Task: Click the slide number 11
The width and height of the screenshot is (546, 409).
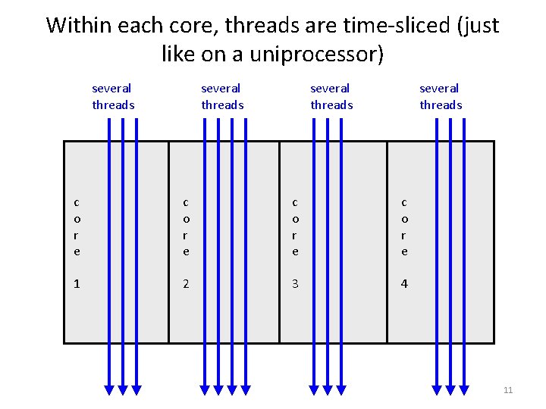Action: [508, 390]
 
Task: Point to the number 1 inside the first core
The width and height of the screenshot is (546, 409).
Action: [77, 284]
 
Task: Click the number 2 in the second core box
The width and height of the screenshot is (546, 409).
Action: [186, 284]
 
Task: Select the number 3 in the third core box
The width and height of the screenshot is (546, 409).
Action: [295, 284]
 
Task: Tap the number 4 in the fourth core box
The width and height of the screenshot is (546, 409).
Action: [404, 284]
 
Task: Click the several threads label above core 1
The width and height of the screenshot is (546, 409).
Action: [113, 97]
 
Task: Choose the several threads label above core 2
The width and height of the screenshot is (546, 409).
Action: [222, 97]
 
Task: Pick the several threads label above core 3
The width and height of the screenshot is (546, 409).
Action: [331, 97]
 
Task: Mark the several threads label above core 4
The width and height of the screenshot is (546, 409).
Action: [441, 97]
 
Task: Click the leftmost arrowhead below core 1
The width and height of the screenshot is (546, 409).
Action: [109, 389]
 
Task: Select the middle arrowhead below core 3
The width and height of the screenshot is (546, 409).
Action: [328, 389]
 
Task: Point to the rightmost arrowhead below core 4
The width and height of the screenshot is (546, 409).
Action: [464, 389]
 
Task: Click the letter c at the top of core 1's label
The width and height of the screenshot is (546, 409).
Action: [77, 202]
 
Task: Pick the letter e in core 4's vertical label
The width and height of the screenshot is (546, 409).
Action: [404, 251]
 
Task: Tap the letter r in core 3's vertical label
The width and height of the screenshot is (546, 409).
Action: [295, 235]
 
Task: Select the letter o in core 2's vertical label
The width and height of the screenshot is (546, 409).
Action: [186, 219]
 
